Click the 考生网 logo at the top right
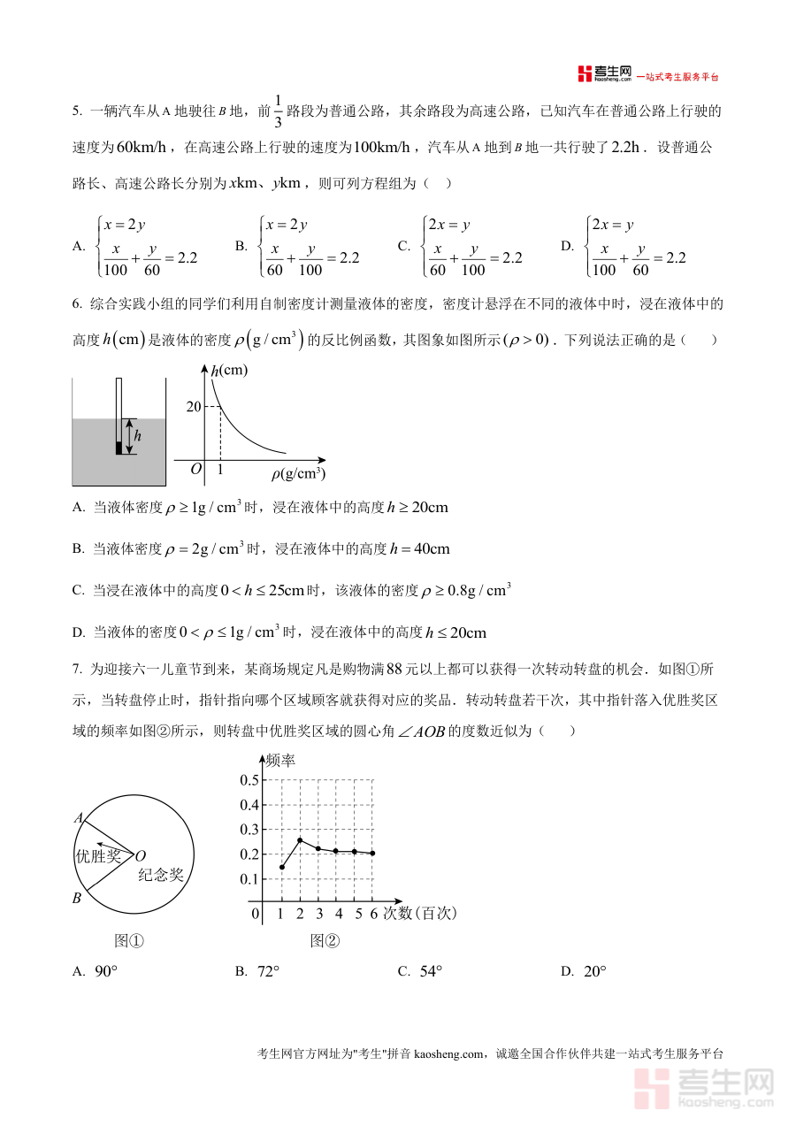[x=605, y=73]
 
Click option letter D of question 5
[x=568, y=247]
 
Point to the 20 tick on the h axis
[x=194, y=406]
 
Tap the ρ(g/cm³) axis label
[x=298, y=474]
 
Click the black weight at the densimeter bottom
[x=119, y=447]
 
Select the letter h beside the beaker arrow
[x=137, y=436]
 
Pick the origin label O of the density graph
[x=196, y=469]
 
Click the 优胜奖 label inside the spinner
[x=98, y=855]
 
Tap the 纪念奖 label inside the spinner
[x=161, y=875]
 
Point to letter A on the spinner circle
[x=79, y=818]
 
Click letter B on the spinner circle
[x=77, y=899]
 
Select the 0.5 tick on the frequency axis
[x=249, y=779]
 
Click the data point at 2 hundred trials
[x=300, y=840]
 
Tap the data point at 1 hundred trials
[x=281, y=867]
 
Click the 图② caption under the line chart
[x=325, y=941]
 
